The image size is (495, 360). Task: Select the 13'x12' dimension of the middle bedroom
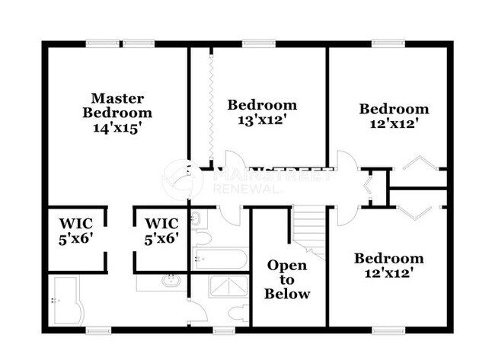coord(261,119)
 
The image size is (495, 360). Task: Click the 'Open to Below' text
coord(287,279)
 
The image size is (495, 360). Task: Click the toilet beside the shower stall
coord(234,312)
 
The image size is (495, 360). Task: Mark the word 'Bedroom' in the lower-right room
coord(388,259)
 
